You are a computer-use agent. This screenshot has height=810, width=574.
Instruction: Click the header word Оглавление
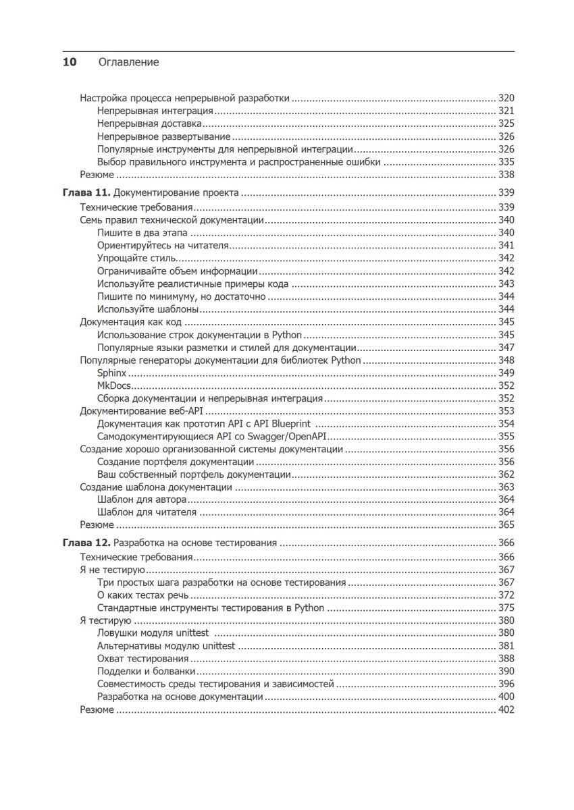click(128, 62)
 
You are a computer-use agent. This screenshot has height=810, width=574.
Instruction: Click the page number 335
click(506, 162)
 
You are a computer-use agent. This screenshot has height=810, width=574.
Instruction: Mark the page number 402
click(506, 709)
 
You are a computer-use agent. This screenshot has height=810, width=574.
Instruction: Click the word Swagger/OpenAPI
click(278, 437)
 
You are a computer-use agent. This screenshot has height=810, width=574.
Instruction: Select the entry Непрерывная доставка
click(149, 124)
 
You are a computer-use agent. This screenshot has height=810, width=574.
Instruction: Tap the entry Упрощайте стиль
click(137, 258)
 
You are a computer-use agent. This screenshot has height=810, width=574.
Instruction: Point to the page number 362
click(506, 475)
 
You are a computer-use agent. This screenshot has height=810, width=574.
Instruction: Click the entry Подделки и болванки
click(147, 671)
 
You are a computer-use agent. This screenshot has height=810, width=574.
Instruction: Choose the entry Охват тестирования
click(142, 658)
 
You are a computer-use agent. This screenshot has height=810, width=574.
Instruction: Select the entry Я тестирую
click(106, 620)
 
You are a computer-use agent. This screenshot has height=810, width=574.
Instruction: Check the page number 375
click(506, 607)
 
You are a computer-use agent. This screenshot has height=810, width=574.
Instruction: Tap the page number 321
click(506, 111)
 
